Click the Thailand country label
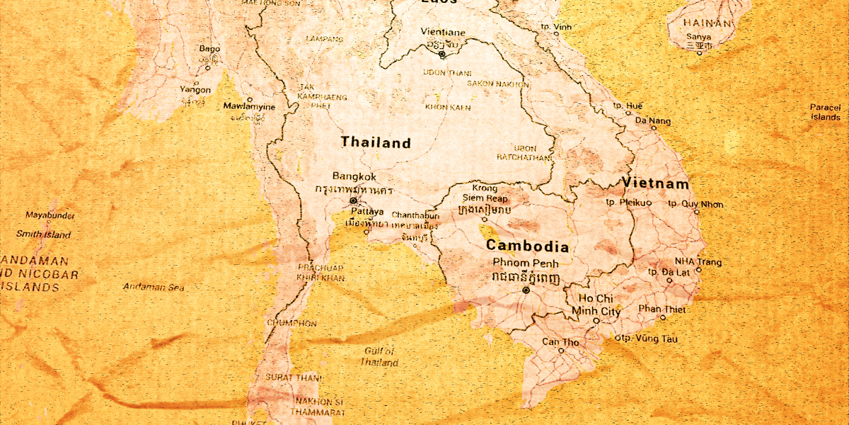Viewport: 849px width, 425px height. coord(376,142)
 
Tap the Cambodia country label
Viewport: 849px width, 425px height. coord(527,246)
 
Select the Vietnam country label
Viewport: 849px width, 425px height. coord(655,183)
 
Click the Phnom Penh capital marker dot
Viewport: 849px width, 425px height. coord(525,290)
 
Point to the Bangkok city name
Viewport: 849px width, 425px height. coord(354,176)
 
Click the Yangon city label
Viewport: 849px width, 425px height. coord(195,90)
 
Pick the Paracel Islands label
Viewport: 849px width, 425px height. coord(826,112)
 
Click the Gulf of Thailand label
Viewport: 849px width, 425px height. coord(379,356)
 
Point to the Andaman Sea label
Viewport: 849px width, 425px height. coord(154,287)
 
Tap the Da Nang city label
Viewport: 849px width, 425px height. coord(652,121)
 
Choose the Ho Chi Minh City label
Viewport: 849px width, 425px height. coord(596,305)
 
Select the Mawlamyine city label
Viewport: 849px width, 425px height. coord(250,107)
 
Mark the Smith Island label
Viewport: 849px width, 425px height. coord(44,234)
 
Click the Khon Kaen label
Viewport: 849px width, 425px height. coord(448,107)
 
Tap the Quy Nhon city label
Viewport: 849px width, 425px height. coord(702,205)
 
